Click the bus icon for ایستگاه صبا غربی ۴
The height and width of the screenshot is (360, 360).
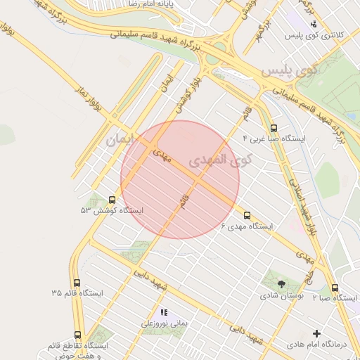(x=274, y=128)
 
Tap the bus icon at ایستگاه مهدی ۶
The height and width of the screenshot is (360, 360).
(x=247, y=215)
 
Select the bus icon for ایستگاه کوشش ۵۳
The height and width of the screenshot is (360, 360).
(x=112, y=200)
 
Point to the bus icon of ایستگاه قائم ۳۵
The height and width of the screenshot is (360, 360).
(x=77, y=282)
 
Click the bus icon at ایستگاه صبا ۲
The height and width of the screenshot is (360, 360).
(x=334, y=287)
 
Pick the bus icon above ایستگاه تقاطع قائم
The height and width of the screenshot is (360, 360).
(x=77, y=335)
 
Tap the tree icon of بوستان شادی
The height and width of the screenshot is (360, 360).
(x=281, y=284)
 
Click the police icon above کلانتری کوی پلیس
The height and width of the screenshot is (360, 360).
(x=314, y=23)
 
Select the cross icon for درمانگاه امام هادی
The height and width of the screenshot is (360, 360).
(x=316, y=333)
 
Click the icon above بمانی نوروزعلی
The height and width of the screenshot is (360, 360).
(x=164, y=312)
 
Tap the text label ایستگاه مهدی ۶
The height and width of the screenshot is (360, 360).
(x=247, y=226)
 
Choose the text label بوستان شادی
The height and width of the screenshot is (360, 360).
(x=281, y=296)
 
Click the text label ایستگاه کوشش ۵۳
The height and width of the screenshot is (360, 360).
(x=112, y=211)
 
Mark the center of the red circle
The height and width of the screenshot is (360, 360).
(x=180, y=179)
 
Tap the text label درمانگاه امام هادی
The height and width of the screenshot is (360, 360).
(x=317, y=345)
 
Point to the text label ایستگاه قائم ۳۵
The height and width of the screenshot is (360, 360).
(x=77, y=293)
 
